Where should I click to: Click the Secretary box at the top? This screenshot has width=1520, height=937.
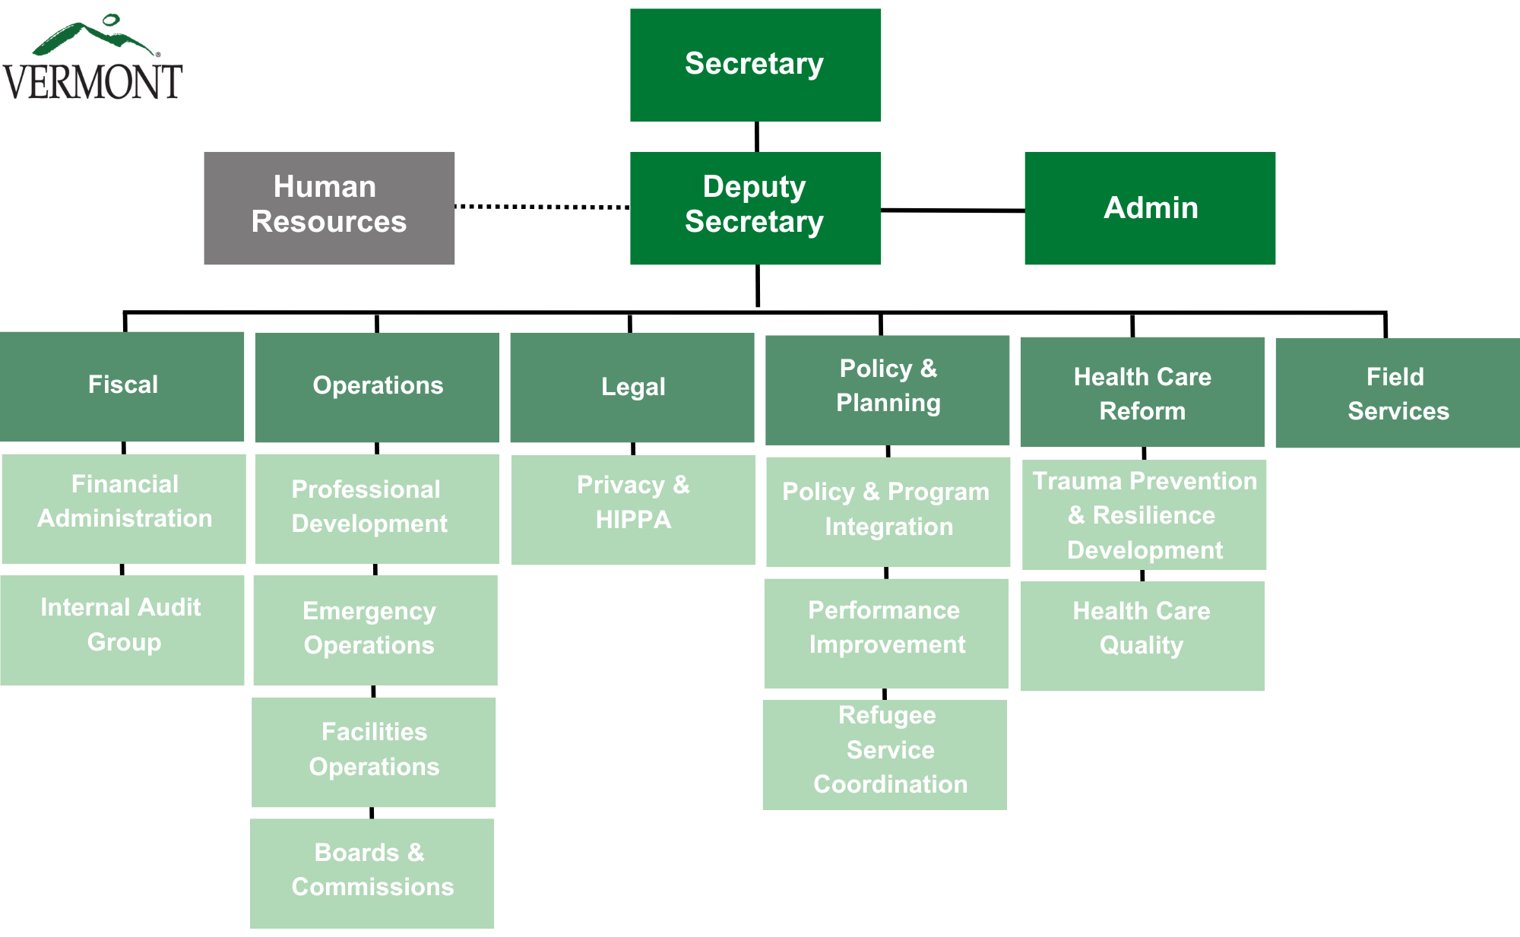tap(755, 65)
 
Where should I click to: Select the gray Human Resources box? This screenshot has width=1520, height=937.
tap(329, 208)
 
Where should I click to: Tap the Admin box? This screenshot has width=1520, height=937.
tap(1150, 208)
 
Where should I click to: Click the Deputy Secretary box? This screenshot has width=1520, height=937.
tap(755, 208)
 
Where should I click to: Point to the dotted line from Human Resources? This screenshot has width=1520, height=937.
tap(542, 206)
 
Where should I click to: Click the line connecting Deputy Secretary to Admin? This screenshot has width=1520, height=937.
tap(952, 210)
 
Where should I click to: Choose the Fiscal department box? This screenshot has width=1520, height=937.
tap(122, 386)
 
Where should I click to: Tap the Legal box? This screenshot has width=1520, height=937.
tap(632, 388)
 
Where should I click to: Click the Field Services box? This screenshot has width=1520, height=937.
tap(1398, 393)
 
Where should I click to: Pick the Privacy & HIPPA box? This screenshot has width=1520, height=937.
tap(633, 510)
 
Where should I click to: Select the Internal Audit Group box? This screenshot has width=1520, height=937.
tap(122, 630)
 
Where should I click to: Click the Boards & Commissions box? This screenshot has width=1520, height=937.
tap(372, 873)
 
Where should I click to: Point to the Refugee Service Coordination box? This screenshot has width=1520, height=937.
tap(885, 755)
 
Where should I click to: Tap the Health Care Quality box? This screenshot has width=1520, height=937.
tap(1142, 636)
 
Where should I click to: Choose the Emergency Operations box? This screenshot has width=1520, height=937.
tap(375, 630)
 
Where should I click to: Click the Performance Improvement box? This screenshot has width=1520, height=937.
tap(886, 634)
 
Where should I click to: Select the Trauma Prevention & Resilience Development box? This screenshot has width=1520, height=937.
tap(1144, 514)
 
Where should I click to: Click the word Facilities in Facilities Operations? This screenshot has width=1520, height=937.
tap(374, 732)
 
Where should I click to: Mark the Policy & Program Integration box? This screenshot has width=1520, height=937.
tap(888, 511)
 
